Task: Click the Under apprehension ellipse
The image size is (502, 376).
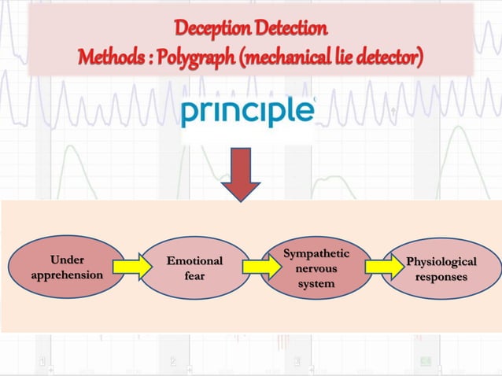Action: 68,267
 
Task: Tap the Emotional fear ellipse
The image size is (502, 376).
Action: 194,267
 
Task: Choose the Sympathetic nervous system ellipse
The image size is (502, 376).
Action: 316,267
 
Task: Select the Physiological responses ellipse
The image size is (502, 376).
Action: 441,268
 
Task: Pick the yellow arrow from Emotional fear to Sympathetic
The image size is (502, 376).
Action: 256,267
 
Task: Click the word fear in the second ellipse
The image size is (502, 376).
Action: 194,275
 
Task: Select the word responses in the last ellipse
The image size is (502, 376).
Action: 441,277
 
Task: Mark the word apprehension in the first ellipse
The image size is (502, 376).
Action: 67,275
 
